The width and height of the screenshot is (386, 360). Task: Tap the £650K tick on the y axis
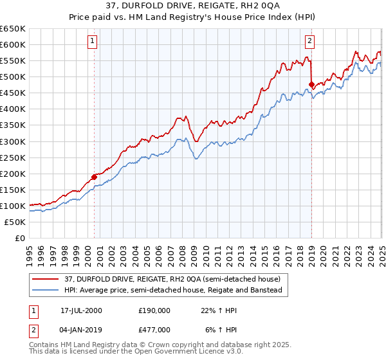(13, 29)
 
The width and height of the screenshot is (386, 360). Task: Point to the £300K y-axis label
(13, 141)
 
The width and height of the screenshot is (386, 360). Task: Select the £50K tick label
(15, 222)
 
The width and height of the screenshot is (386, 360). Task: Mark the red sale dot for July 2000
(94, 176)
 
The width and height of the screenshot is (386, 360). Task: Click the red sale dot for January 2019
(311, 84)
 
